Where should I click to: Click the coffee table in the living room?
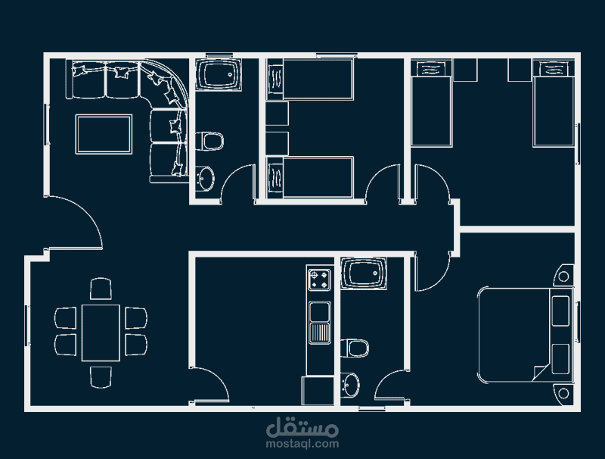click(x=104, y=134)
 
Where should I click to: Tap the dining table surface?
click(x=101, y=333)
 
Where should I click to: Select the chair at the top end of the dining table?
click(x=101, y=289)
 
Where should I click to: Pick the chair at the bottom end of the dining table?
click(x=101, y=377)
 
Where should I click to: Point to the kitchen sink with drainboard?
click(x=319, y=323)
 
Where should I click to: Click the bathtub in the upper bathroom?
click(x=219, y=74)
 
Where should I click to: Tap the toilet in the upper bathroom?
click(x=209, y=142)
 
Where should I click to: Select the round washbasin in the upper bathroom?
click(x=204, y=179)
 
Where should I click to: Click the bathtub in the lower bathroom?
click(x=364, y=273)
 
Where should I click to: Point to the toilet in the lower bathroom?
click(x=355, y=348)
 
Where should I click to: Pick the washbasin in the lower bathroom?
click(x=350, y=385)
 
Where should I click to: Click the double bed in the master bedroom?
click(x=525, y=335)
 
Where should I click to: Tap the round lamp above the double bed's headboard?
click(x=563, y=276)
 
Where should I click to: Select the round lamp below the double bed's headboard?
click(x=563, y=394)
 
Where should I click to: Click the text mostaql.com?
click(x=302, y=444)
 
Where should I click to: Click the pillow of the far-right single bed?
click(x=554, y=70)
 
